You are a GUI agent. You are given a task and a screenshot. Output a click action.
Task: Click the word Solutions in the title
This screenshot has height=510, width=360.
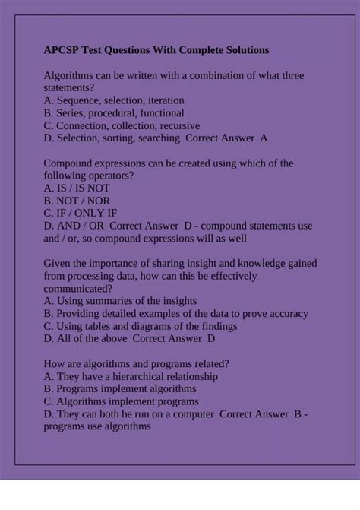[243, 50]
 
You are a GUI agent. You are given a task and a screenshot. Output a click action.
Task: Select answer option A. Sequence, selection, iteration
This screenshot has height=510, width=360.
[114, 100]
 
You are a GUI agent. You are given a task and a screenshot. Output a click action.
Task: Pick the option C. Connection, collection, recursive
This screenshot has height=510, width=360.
[122, 125]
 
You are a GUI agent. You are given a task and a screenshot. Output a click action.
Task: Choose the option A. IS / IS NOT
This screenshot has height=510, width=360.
[77, 188]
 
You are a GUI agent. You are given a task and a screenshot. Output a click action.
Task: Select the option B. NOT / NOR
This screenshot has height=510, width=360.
[78, 201]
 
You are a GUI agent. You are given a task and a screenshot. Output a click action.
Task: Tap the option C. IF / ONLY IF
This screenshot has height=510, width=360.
[81, 213]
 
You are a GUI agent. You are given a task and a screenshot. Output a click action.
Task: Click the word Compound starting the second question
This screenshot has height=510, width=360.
[71, 163]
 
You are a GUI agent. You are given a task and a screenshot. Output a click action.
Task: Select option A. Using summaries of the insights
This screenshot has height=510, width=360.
[120, 301]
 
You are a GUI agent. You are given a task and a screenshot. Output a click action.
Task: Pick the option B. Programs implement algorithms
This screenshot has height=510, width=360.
[120, 388]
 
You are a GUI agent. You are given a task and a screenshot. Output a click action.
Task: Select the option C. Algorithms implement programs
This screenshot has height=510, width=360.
[122, 401]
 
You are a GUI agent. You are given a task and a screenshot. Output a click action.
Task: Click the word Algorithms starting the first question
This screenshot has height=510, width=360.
[71, 75]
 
